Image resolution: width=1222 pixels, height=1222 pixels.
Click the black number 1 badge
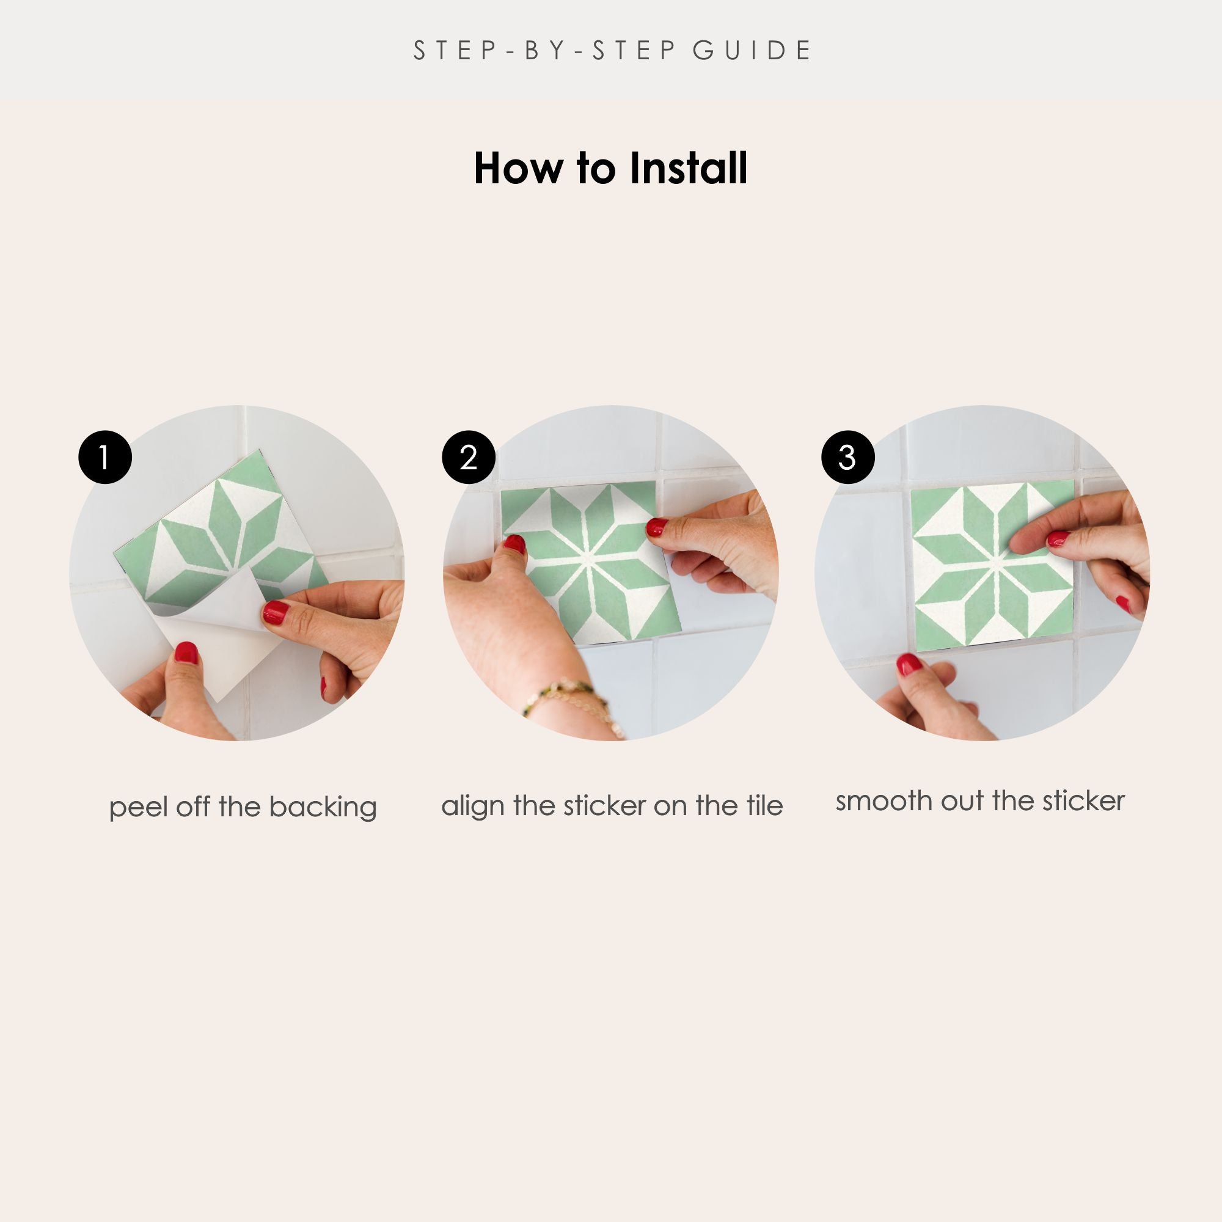pos(105,457)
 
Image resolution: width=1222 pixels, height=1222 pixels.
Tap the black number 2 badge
pos(469,457)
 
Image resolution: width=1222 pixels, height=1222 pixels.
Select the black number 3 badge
pos(847,457)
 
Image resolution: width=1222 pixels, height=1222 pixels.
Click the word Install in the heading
pos(688,169)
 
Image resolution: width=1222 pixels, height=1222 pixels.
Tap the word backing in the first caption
pos(323,808)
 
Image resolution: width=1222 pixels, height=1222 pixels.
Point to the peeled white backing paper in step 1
pos(215,639)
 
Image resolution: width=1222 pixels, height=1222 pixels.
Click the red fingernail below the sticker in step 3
pos(909,665)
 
